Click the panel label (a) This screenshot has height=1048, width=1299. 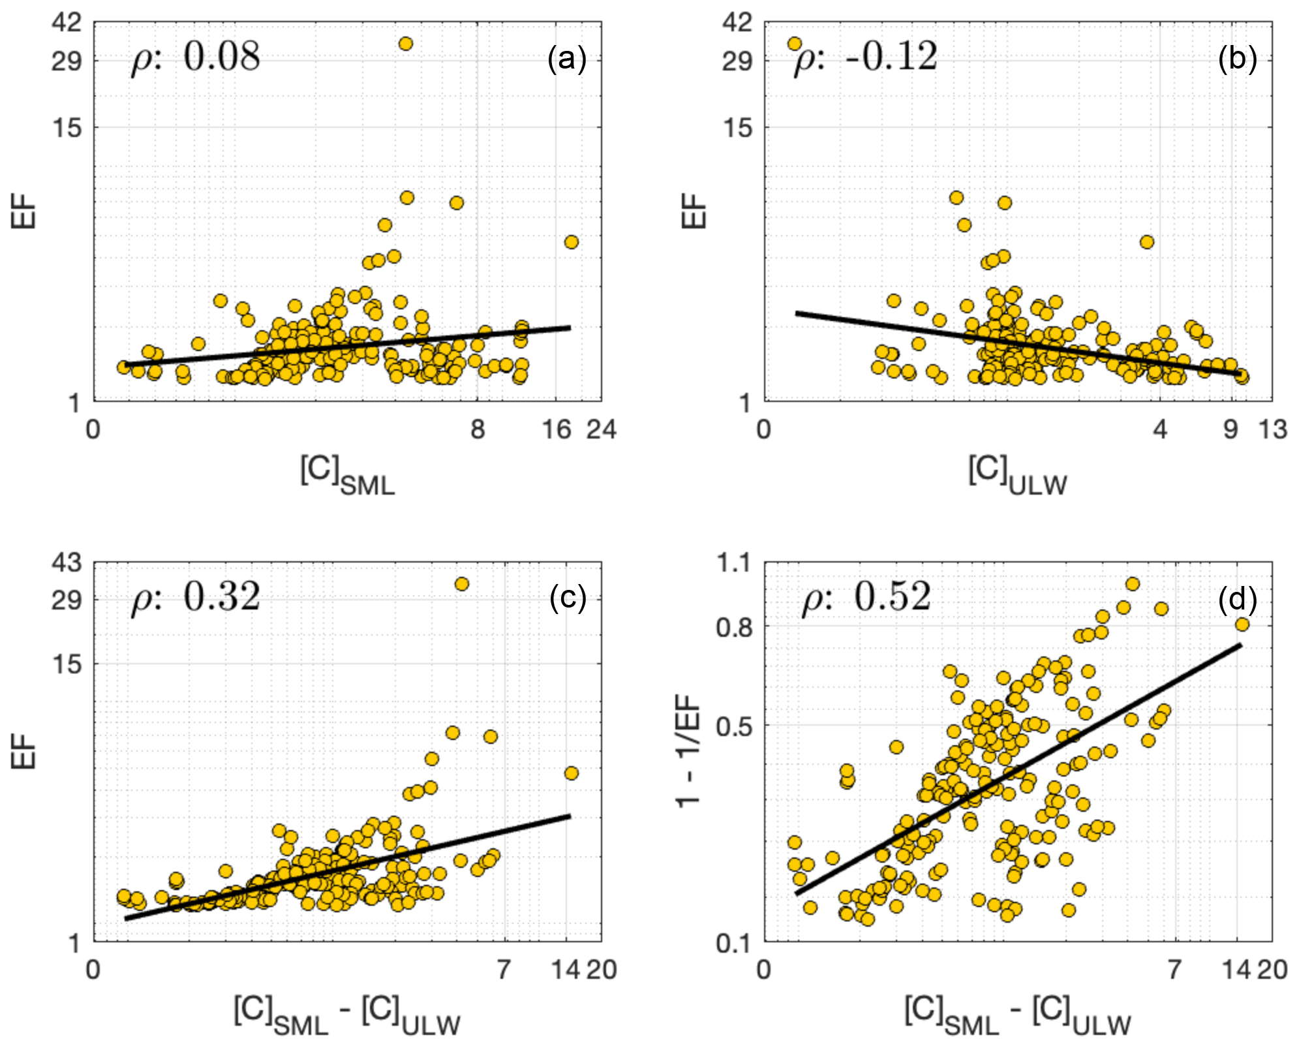(x=566, y=59)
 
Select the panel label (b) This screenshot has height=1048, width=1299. (x=1237, y=59)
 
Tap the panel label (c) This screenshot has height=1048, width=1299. (x=567, y=598)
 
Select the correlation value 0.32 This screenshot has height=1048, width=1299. (x=221, y=596)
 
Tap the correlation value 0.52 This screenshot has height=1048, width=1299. (x=892, y=596)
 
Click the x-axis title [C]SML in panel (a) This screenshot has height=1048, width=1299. (x=347, y=475)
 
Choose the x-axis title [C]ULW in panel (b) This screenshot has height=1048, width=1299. (x=1017, y=475)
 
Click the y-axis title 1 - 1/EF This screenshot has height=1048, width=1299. (x=688, y=750)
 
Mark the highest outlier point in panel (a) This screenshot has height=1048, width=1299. (x=405, y=44)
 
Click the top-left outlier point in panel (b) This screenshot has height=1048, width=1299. (x=794, y=44)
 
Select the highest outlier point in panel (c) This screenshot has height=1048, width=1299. (x=461, y=584)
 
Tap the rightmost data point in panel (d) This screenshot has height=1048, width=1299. (x=1242, y=624)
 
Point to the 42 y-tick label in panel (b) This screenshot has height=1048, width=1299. (x=738, y=23)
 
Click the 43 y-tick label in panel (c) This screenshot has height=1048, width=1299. (x=67, y=562)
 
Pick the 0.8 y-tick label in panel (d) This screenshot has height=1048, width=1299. (x=733, y=627)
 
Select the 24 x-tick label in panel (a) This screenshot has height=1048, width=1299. (x=601, y=429)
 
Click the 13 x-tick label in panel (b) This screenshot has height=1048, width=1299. (x=1272, y=429)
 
